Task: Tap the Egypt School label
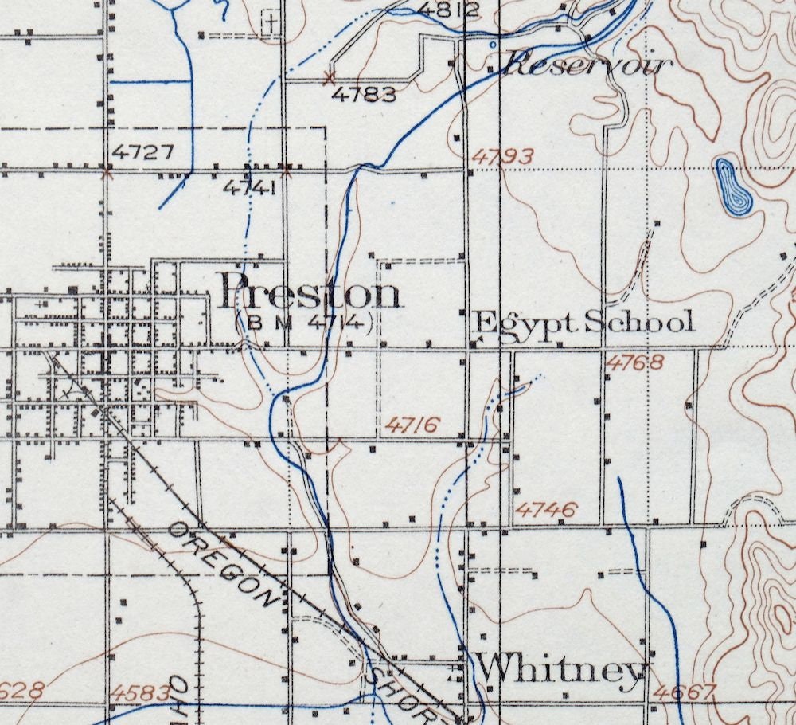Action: point(583,323)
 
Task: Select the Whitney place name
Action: point(561,669)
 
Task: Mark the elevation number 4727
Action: point(143,151)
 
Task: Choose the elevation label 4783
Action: point(364,95)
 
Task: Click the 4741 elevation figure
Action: point(249,188)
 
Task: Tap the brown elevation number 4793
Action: point(501,156)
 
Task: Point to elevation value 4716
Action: point(411,425)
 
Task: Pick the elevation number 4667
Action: point(684,692)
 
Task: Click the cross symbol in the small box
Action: point(273,22)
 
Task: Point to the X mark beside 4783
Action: point(329,77)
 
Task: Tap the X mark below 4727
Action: point(108,170)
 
